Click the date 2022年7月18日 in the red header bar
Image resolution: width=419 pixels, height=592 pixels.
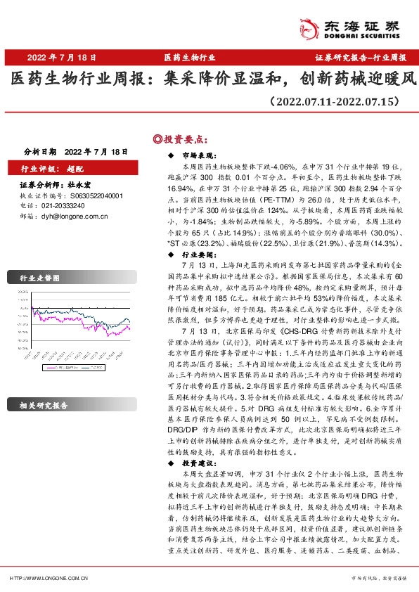62,57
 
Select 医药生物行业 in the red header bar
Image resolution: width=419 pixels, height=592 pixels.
189,57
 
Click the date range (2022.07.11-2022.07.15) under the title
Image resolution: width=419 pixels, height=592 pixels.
335,103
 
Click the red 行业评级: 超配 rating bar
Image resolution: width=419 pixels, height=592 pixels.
70,169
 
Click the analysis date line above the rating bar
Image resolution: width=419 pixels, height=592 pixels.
75,151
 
